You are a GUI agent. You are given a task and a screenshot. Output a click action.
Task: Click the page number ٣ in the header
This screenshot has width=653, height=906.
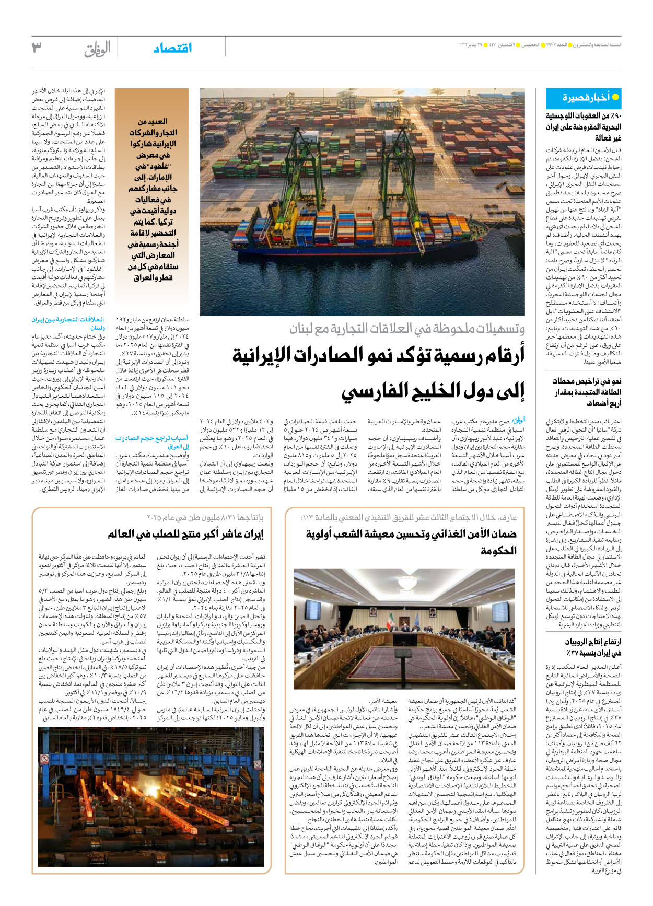pos(37,48)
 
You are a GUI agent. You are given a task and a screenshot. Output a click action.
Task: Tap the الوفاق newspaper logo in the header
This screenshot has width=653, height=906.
pos(98,49)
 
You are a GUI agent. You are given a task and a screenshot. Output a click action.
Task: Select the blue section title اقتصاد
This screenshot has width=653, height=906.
pos(173,48)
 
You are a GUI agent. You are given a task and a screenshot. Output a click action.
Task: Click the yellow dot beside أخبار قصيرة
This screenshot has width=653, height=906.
pos(615,97)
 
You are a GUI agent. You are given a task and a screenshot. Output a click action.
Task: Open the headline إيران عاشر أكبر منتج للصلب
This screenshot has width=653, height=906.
pos(185,534)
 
